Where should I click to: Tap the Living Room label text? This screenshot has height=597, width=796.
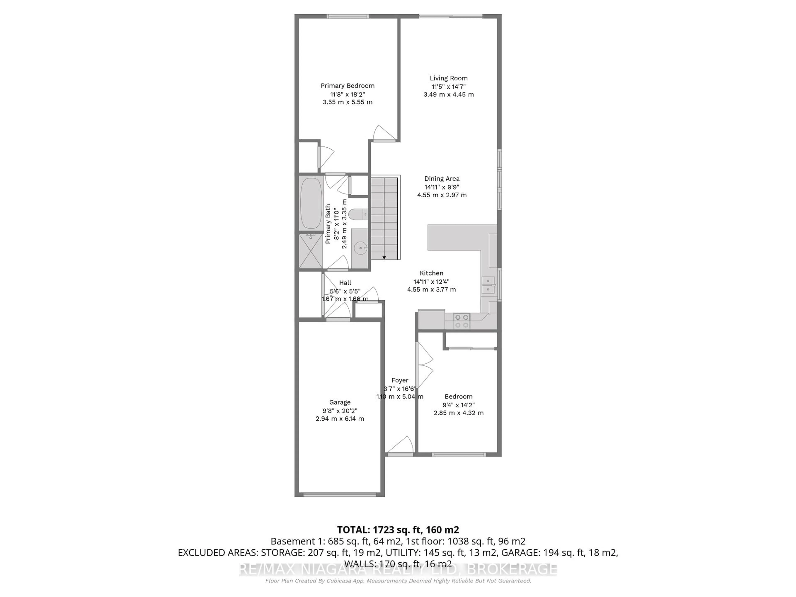(448, 78)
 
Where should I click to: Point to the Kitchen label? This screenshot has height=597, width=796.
(431, 273)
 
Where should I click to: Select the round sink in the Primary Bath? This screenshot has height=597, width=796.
(360, 248)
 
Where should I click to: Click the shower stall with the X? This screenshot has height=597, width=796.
(311, 251)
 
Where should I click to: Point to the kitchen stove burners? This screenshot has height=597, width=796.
(461, 321)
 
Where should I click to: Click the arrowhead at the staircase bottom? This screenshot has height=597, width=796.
(384, 258)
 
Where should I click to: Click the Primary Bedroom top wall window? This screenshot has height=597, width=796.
(347, 16)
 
